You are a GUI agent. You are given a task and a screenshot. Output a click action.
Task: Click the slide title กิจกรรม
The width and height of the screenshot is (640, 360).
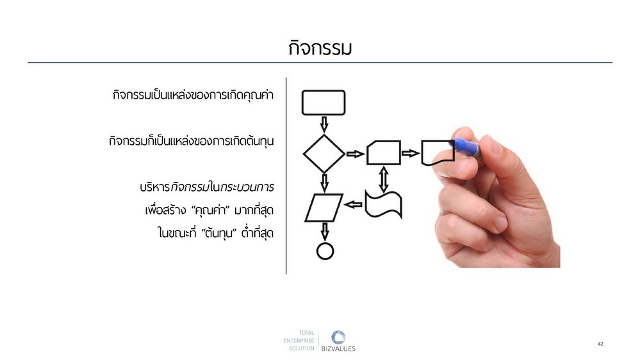(x=320, y=48)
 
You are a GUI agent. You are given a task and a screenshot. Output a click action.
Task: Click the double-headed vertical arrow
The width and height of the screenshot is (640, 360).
(x=383, y=179)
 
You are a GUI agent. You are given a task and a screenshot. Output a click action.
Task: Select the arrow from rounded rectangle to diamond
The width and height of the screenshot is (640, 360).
(x=324, y=124)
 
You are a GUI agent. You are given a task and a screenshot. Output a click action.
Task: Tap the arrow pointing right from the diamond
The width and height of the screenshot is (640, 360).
(x=356, y=154)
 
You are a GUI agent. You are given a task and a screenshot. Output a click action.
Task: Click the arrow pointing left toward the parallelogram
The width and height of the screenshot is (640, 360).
(x=354, y=204)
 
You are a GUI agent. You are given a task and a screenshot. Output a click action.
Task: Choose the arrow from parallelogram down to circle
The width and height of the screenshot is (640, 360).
(x=325, y=232)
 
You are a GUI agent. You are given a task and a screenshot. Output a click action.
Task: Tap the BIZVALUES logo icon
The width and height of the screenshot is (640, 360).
(x=338, y=338)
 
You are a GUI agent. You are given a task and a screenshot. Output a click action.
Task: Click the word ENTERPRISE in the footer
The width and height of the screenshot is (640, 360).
(x=299, y=340)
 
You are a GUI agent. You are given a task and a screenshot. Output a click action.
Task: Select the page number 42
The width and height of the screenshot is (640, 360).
(x=600, y=344)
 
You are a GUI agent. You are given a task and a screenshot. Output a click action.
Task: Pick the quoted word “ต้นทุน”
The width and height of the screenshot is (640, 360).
(x=219, y=233)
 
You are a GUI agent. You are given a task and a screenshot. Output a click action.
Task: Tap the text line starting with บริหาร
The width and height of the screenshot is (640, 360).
(x=206, y=187)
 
